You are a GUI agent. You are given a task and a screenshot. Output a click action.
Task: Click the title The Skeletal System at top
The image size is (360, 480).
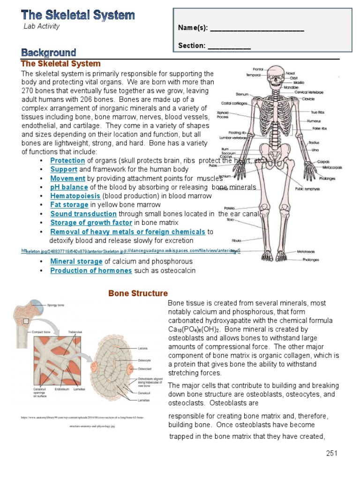click(x=78, y=15)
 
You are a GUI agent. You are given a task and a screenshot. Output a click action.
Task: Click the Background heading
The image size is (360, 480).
click(x=49, y=52)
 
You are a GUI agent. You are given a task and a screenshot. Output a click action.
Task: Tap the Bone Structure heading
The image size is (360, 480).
click(x=138, y=293)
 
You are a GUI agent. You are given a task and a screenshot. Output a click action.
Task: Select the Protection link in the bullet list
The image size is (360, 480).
click(x=68, y=160)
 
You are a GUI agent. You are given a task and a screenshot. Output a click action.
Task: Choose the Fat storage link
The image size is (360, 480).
click(x=69, y=205)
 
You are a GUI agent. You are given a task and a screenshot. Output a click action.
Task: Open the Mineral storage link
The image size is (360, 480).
click(x=76, y=262)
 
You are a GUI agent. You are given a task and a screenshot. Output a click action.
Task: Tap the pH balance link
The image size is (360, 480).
click(x=69, y=187)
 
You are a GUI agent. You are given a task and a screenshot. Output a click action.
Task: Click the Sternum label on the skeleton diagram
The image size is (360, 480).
click(x=242, y=94)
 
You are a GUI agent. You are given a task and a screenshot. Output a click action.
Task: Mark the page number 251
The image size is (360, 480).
click(x=331, y=453)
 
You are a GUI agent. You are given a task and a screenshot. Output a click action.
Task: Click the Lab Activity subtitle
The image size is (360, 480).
click(x=42, y=26)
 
